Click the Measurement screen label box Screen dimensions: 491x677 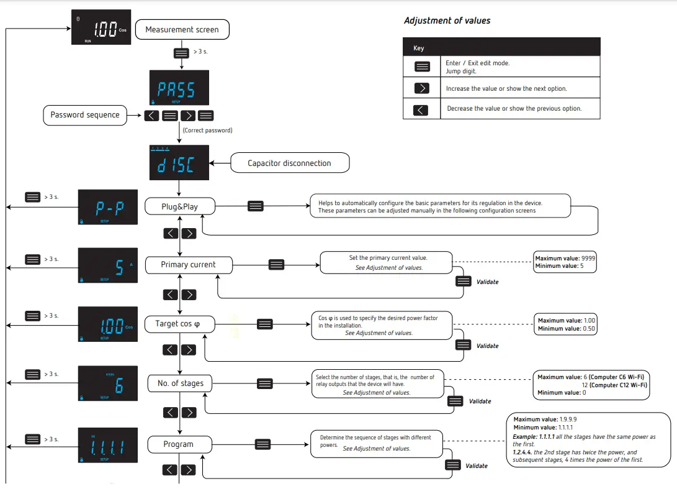coord(182,29)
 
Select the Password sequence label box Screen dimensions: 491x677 coord(85,114)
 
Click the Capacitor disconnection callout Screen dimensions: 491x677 coord(289,163)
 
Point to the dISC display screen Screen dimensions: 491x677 coord(179,163)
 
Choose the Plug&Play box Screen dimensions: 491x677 coord(179,206)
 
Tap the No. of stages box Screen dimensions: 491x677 coord(180,383)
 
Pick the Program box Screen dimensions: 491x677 coord(179,444)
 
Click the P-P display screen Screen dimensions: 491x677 coord(107,207)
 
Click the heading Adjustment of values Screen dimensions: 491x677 coord(447,21)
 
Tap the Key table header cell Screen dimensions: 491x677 coord(501,47)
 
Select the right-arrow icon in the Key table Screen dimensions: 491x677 coord(421,88)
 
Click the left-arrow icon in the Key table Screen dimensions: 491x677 coord(421,109)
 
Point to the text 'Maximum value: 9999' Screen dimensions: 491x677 coord(565,258)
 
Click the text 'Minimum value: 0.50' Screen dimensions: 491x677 coord(566,328)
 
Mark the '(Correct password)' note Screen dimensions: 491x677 coord(207,131)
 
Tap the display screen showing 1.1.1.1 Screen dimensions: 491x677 coord(107,445)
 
